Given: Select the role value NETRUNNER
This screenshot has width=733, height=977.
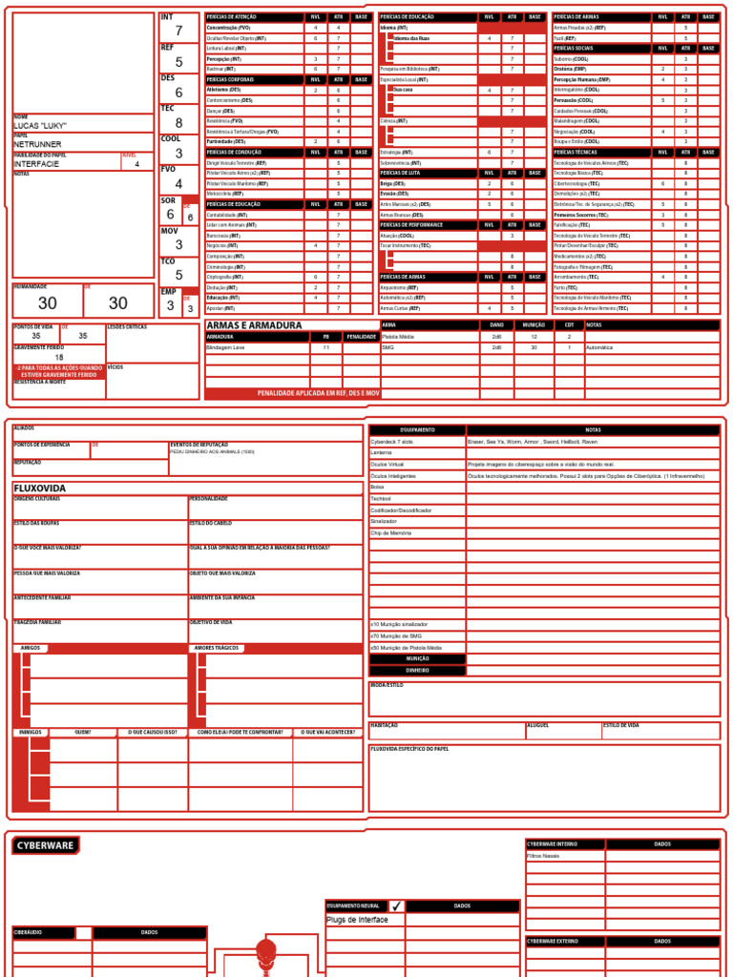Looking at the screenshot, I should [x=38, y=144].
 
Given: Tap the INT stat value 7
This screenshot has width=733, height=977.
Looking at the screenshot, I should [x=178, y=31].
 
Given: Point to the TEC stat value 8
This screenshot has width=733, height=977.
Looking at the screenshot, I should [x=178, y=123].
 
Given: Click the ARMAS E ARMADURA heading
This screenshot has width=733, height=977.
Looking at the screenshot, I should [x=254, y=325].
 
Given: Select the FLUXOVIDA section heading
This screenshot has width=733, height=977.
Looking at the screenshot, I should [x=39, y=488].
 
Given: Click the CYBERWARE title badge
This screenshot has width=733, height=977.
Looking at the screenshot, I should [x=45, y=845].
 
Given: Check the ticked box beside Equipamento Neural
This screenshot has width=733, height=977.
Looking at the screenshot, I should [x=396, y=905].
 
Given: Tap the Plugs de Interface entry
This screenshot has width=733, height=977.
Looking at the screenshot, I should [x=358, y=920].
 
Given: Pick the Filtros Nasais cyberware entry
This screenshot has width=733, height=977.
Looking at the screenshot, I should [x=546, y=856].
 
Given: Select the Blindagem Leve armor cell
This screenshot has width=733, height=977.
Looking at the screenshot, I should [x=227, y=348].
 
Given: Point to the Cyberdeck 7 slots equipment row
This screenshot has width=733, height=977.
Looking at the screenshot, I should [x=392, y=442].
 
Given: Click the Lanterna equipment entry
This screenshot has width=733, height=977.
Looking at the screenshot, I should [x=382, y=453].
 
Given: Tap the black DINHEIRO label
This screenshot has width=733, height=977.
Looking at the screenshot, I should [x=418, y=671].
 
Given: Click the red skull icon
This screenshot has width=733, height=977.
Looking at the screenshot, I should [x=265, y=952].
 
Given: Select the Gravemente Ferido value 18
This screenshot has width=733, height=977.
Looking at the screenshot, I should [x=59, y=358].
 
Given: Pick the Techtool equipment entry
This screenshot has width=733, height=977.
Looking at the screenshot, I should [x=382, y=498].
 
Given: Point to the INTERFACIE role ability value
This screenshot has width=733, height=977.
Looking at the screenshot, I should [x=37, y=164].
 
